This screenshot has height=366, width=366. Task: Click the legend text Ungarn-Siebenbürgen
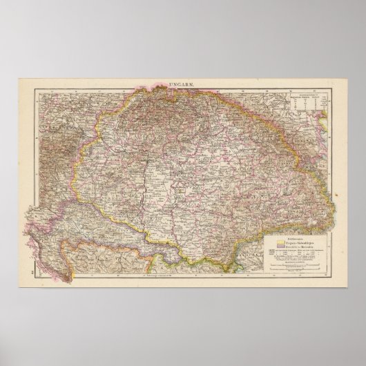[x=298, y=244]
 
